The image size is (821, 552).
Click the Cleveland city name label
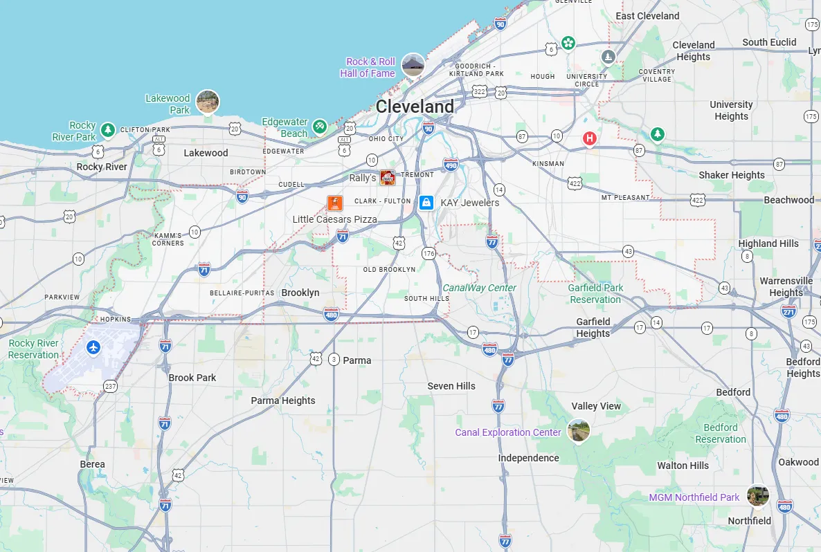(415, 107)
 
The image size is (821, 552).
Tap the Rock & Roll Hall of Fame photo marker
(413, 65)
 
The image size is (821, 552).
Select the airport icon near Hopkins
(93, 347)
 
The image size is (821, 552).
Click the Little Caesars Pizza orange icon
(335, 203)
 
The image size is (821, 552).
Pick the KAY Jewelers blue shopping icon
(426, 202)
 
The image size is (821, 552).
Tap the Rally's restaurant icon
(388, 178)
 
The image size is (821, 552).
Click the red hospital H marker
(590, 139)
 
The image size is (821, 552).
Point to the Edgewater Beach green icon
(319, 127)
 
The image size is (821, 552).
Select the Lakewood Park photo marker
(208, 102)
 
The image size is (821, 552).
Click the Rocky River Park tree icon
(107, 129)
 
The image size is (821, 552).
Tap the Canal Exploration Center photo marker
(579, 430)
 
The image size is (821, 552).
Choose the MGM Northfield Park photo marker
(758, 495)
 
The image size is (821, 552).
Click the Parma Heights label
(282, 401)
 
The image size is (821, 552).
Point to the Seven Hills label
(451, 386)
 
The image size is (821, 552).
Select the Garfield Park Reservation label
(595, 293)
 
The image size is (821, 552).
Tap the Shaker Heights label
(732, 175)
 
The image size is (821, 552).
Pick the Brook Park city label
(192, 378)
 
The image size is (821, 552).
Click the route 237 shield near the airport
(110, 385)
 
